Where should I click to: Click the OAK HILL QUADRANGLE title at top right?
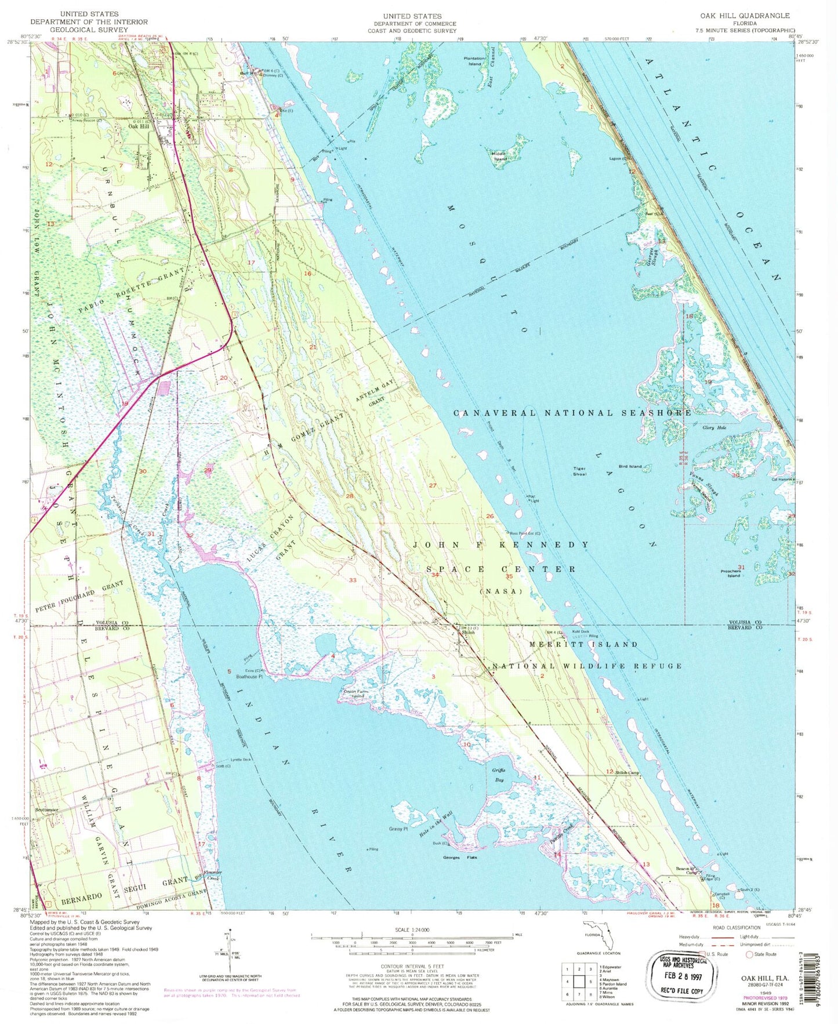(753, 16)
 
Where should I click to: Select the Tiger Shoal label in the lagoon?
(579, 471)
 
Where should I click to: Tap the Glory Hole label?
(714, 427)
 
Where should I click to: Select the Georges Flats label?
(460, 857)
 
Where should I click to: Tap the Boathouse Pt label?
(249, 676)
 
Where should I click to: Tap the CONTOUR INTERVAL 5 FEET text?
(412, 966)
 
